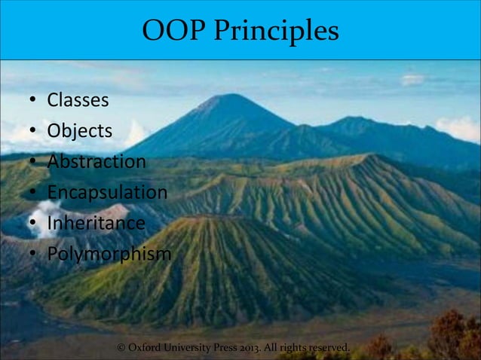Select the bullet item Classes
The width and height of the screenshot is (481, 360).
(x=78, y=99)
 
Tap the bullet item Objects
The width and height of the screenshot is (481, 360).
(x=80, y=131)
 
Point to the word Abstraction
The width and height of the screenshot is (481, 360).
(x=97, y=162)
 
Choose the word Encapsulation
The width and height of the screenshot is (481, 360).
(x=107, y=193)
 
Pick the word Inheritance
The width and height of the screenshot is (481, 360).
(x=96, y=224)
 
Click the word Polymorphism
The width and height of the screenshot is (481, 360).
(x=109, y=255)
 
